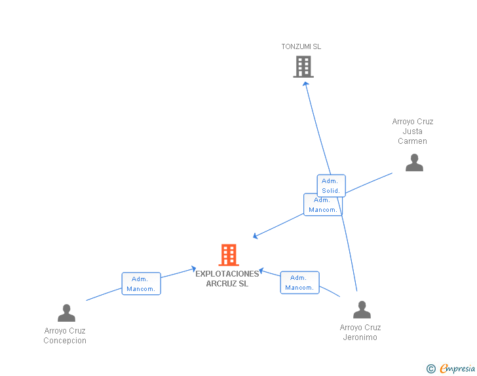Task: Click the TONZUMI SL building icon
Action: [303, 67]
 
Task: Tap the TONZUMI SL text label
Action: [301, 47]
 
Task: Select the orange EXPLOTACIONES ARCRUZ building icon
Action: [228, 255]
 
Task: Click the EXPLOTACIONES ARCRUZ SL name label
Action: [227, 279]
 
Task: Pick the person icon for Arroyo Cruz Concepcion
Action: [66, 313]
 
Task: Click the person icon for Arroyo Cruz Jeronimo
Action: [361, 310]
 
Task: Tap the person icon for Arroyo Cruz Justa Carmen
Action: [414, 163]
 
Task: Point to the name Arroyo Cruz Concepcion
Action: [65, 335]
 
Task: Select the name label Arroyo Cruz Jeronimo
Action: [360, 332]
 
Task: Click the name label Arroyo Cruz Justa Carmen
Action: [413, 131]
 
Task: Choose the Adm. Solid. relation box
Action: [331, 186]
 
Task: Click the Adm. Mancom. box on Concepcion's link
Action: [141, 284]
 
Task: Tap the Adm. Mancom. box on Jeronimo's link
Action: [299, 282]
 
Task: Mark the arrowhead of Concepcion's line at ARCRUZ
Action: [194, 267]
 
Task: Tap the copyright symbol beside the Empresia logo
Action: [430, 369]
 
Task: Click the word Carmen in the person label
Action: [413, 141]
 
